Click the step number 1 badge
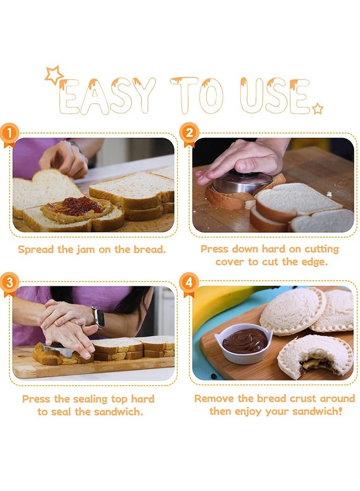coord(9,134)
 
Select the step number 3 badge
coord(9,283)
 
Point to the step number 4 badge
coord(189,283)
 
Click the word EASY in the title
coord(107,95)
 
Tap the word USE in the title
coord(274,95)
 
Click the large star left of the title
coord(53,75)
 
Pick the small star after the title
coord(318,109)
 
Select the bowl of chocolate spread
coord(244,343)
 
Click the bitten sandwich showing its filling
coord(315,356)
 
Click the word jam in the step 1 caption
coord(86,249)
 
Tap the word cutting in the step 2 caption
coord(321,249)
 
